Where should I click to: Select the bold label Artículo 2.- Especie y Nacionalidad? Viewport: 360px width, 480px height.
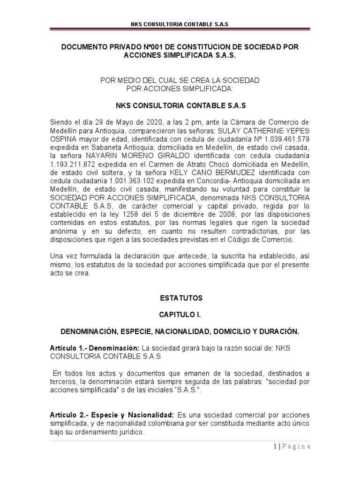pos(112,416)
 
